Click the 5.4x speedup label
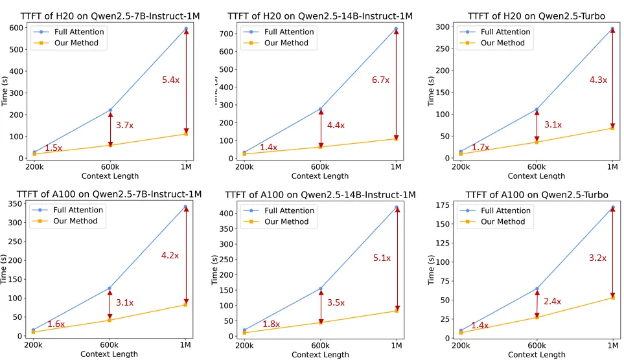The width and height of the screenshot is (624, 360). (170, 80)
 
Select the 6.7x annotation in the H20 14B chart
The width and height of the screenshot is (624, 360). (380, 80)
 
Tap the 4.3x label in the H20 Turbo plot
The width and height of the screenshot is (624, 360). (598, 80)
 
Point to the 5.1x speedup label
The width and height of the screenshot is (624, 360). (382, 258)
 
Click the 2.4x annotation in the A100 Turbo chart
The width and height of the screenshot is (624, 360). (552, 301)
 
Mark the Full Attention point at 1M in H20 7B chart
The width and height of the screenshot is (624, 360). (186, 29)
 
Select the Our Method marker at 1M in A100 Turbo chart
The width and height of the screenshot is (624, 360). (612, 298)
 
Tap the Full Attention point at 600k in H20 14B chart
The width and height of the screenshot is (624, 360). (321, 109)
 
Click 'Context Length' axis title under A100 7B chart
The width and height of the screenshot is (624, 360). (110, 354)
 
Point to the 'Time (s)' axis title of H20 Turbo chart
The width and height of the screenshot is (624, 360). (431, 91)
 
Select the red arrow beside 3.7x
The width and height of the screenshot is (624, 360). (110, 128)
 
